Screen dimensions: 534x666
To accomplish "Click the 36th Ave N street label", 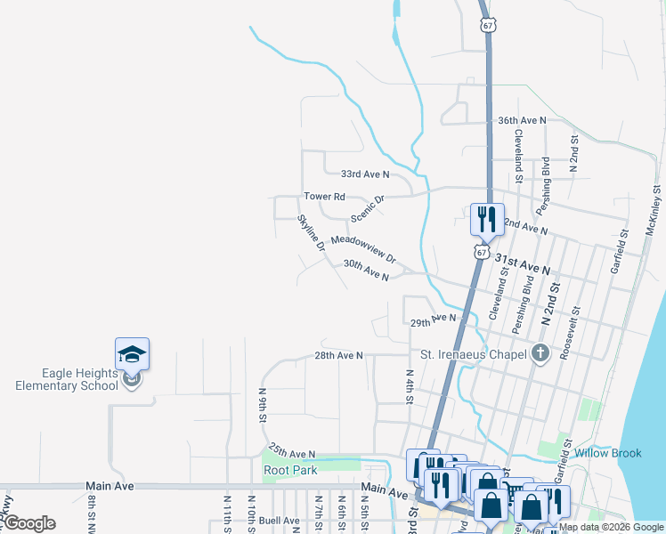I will click(521, 120).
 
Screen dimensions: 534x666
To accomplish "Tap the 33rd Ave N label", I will click(366, 174).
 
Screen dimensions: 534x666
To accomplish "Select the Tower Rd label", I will click(324, 196).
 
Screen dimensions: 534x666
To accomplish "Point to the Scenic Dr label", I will click(366, 208).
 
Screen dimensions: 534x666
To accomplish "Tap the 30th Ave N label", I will click(366, 271).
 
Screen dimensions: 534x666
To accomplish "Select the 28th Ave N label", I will click(338, 355).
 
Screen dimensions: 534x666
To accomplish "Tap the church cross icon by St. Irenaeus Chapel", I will click(539, 354).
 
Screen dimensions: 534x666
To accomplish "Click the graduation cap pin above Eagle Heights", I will click(132, 354).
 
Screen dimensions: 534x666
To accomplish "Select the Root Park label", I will click(290, 470).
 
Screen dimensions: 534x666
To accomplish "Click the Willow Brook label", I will click(608, 453).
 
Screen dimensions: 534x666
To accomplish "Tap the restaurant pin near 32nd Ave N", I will click(486, 218).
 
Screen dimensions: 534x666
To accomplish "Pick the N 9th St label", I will click(264, 405).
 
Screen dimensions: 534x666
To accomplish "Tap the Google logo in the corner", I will click(29, 523).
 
